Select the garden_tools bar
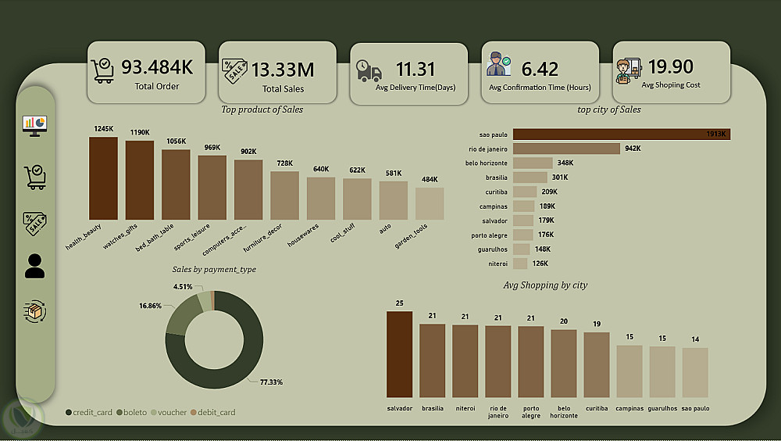coord(430,204)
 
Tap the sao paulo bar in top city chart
coord(621,134)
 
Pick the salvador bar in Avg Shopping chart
coord(399,354)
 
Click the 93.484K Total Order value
coord(157,66)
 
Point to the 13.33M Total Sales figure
coord(283,70)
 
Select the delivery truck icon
coord(369,71)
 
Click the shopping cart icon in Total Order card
coord(102,70)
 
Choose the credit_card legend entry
coord(90,412)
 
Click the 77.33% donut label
coord(271,382)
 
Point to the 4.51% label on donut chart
coord(183,286)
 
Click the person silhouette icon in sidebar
coord(35,266)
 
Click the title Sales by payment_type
coord(214,269)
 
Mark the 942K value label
coord(633,149)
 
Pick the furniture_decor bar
coord(284,195)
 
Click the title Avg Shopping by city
coord(545,285)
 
